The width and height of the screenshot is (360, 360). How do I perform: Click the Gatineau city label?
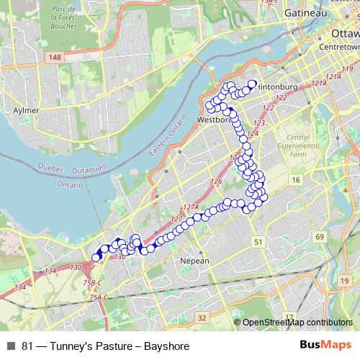click(305, 13)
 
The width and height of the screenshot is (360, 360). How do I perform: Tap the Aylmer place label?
click(27, 111)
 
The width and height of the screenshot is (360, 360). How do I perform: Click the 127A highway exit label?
click(189, 207)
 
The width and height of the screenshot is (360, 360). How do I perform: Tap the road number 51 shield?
click(258, 243)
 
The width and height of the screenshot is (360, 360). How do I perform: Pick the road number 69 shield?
click(320, 237)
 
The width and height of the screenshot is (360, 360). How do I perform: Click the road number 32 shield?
click(202, 317)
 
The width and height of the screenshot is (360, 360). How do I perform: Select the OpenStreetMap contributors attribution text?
click(297, 323)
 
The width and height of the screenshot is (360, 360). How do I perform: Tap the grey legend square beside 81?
click(12, 346)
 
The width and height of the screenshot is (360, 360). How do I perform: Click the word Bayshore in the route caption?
click(166, 346)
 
